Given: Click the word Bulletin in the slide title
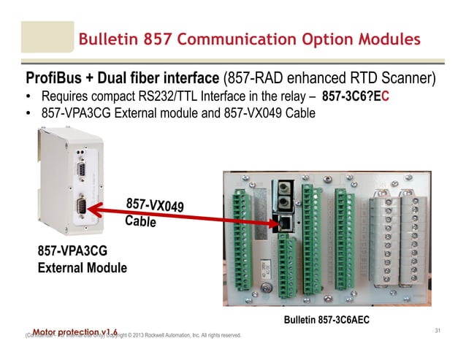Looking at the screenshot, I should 107,38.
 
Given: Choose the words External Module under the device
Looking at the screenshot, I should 82,268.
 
